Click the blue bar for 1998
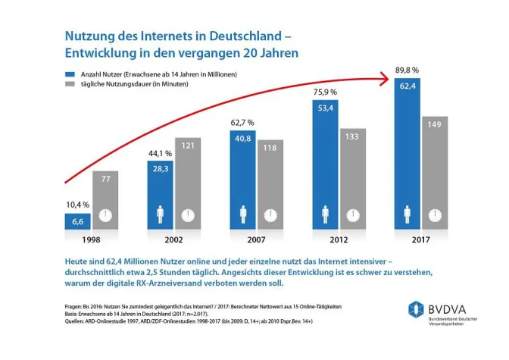tap(77, 220)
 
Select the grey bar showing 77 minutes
tap(105, 199)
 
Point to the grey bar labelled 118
tap(270, 184)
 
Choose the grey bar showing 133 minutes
tap(353, 179)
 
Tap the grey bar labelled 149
tap(437, 173)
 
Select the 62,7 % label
tap(243, 123)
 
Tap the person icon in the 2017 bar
tap(408, 214)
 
